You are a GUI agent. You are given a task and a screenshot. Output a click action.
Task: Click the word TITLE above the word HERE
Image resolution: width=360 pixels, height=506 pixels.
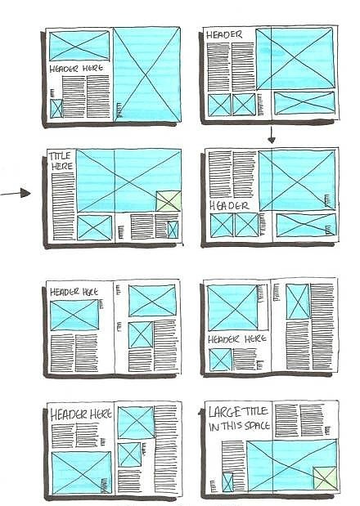click(x=60, y=156)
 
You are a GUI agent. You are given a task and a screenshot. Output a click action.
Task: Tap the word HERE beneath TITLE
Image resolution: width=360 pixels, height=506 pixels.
click(x=62, y=167)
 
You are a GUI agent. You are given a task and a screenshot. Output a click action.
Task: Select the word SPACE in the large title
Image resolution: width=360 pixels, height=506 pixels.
click(x=257, y=425)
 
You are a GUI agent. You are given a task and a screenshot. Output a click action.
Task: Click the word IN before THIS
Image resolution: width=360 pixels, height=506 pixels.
click(x=214, y=427)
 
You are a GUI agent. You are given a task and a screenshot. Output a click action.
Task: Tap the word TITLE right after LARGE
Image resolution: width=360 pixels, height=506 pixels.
click(x=255, y=411)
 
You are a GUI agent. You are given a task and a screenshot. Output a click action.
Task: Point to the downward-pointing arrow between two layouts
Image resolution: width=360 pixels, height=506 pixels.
click(x=272, y=135)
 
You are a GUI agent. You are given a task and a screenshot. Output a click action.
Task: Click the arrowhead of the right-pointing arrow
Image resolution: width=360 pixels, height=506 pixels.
click(x=25, y=193)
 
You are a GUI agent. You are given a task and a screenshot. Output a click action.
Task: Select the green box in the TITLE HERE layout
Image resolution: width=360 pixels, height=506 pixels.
click(x=169, y=201)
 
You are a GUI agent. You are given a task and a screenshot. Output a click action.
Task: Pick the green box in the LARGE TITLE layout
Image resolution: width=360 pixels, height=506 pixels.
click(x=325, y=477)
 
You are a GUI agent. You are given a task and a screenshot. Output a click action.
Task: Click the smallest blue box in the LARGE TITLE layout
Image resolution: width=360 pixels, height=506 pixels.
click(x=227, y=482)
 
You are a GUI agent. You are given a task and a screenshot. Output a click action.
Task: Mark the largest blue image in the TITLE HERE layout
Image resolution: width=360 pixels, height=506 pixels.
click(x=128, y=181)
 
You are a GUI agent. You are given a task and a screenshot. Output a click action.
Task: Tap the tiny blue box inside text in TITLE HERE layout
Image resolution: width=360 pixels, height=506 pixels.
click(x=173, y=230)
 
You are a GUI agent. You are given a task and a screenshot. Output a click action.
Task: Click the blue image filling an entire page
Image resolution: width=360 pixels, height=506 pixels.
click(x=147, y=74)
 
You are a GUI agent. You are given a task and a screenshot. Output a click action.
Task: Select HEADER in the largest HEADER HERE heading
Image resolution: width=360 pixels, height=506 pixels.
click(x=69, y=415)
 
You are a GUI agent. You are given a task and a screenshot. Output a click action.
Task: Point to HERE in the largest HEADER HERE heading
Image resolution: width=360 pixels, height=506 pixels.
click(x=101, y=414)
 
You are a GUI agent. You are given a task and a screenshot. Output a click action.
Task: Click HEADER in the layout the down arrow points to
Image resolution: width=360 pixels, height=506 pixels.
click(x=229, y=205)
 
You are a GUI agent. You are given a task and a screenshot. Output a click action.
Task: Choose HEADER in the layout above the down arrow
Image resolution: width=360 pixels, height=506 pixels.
click(x=224, y=34)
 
